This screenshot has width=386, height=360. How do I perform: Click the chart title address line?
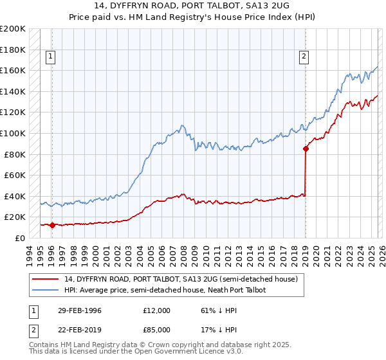coord(193,6)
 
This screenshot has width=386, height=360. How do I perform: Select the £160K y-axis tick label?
coord(14,70)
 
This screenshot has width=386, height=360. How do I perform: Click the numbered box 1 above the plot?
coord(51,57)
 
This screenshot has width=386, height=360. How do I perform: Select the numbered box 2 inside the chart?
coord(303,57)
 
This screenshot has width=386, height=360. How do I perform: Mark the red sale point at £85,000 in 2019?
coord(306,149)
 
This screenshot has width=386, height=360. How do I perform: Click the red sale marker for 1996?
coord(52,225)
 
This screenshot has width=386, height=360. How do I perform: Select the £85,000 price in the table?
coord(156,329)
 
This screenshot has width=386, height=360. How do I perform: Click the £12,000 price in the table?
coord(156,310)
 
